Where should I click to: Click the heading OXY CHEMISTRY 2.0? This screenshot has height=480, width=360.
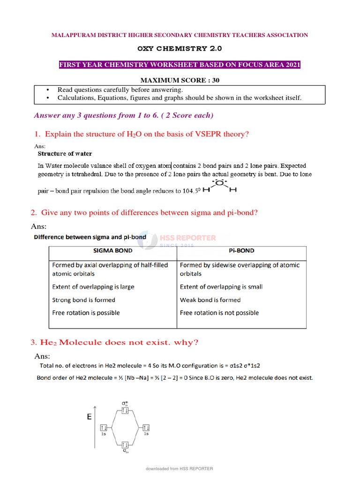coord(180,48)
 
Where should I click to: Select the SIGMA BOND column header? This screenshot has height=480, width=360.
coord(112,251)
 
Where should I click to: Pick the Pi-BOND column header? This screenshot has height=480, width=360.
coord(241,251)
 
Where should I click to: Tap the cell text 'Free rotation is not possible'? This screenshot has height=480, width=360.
coord(219,313)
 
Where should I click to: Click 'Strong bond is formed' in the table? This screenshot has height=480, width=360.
coord(83,300)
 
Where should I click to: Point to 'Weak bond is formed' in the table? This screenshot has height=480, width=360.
coord(210,300)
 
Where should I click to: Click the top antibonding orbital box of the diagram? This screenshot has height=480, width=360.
coord(125,411)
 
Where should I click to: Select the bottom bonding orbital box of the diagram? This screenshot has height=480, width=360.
coord(125,444)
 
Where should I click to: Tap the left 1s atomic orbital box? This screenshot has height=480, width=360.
coord(104,427)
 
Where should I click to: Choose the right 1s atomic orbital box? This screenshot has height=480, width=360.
coord(146,427)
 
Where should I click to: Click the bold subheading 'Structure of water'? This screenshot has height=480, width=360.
coord(65,153)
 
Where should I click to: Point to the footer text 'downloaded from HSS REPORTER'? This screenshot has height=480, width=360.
coord(180,469)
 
